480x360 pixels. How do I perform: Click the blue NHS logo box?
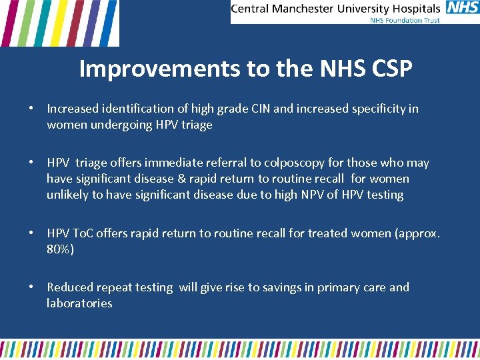coord(462,8)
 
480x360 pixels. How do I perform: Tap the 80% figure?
coord(59,249)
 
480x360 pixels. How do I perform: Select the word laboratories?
coord(79,303)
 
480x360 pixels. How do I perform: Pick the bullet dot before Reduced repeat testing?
coord(31,287)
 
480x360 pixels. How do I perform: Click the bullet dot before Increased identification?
coord(31,109)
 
